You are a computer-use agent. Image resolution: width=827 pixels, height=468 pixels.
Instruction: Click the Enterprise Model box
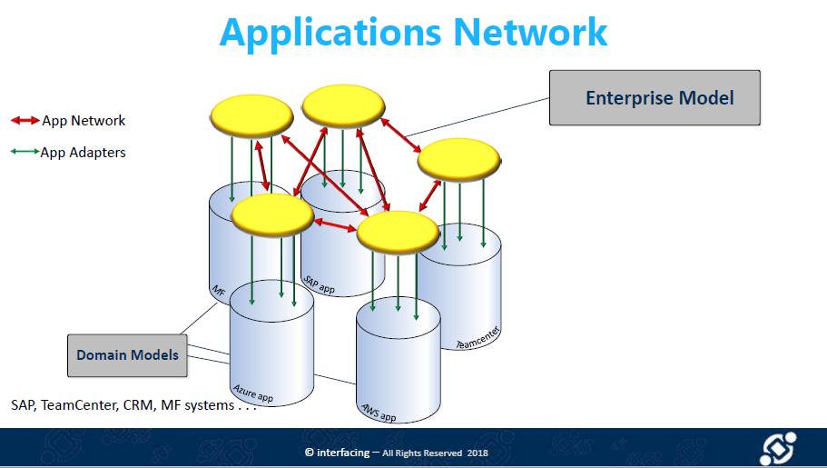pyautogui.click(x=655, y=98)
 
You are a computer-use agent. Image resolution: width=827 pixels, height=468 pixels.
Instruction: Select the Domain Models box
pyautogui.click(x=127, y=354)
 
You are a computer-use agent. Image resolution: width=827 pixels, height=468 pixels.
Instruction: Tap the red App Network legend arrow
pyautogui.click(x=25, y=120)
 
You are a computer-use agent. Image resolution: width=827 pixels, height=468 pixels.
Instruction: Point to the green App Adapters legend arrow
pyautogui.click(x=25, y=152)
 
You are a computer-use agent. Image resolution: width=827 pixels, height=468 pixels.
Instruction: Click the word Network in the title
pyautogui.click(x=530, y=32)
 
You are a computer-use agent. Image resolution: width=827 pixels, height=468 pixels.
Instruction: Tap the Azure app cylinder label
pyautogui.click(x=252, y=391)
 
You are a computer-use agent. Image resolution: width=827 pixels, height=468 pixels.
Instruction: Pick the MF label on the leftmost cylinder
pyautogui.click(x=218, y=291)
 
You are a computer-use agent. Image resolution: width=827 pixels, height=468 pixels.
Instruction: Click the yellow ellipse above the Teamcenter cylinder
pyautogui.click(x=459, y=160)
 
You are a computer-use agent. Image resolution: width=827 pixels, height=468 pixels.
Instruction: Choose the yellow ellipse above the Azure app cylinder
pyautogui.click(x=272, y=215)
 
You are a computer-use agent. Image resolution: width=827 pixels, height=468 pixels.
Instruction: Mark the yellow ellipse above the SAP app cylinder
pyautogui.click(x=341, y=106)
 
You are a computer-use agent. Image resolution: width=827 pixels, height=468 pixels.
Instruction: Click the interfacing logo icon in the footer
pyautogui.click(x=777, y=449)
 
